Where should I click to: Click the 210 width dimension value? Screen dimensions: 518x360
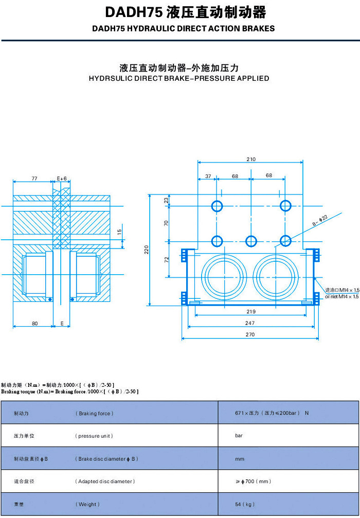250,159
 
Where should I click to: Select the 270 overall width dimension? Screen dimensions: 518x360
250,334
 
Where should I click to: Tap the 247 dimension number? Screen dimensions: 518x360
250,323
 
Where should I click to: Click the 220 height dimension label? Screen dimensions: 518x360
147,250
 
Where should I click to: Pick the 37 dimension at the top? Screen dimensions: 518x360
208,176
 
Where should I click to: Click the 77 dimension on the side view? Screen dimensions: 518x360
34,178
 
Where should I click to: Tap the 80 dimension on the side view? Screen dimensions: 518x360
34,324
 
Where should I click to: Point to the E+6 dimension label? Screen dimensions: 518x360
62,178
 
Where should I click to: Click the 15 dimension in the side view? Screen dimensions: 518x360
120,231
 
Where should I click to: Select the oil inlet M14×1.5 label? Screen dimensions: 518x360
341,293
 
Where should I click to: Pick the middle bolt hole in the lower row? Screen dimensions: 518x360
251,241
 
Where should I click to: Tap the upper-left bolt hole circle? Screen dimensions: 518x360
217,206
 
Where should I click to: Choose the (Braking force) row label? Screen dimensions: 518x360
95,414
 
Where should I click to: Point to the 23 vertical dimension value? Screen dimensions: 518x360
166,200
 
